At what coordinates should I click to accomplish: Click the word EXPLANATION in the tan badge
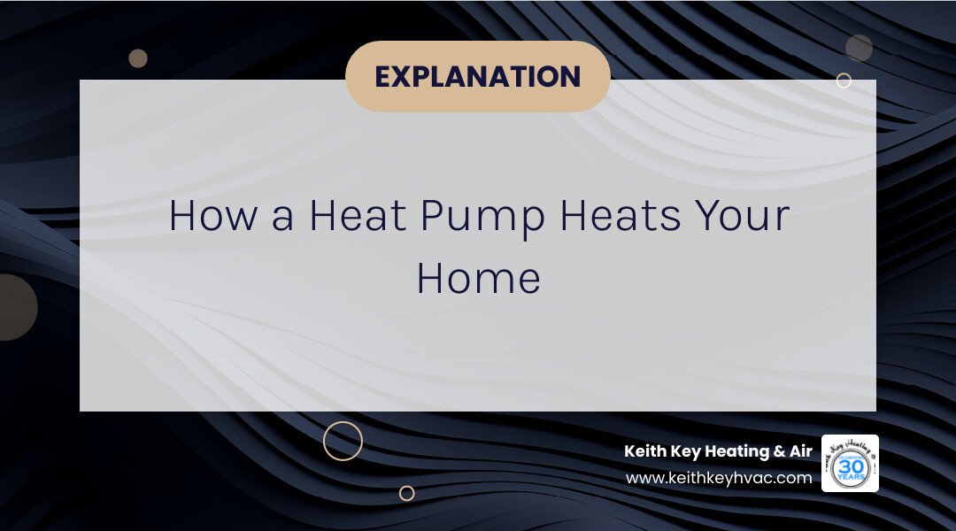(x=478, y=77)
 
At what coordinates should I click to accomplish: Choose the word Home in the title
(x=478, y=278)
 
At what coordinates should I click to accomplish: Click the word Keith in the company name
(x=644, y=451)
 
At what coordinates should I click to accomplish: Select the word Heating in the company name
(x=735, y=451)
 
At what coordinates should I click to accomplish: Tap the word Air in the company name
(x=800, y=451)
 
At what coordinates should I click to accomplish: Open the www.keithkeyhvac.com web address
(x=718, y=478)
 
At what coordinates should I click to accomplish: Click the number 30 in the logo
(x=850, y=465)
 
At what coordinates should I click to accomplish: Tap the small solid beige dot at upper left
(x=138, y=58)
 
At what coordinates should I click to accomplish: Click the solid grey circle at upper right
(x=859, y=48)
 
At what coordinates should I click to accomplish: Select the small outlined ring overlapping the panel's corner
(x=844, y=81)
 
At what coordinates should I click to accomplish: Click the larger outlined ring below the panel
(x=343, y=441)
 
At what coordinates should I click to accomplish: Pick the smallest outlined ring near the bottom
(x=406, y=493)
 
